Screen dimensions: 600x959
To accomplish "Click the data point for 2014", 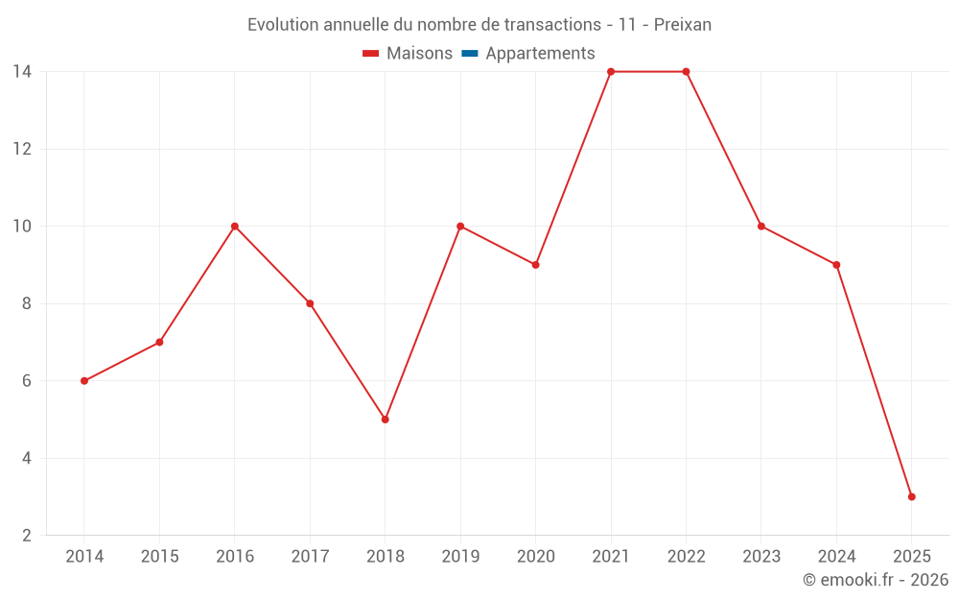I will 84,381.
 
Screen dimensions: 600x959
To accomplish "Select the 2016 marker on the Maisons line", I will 235,227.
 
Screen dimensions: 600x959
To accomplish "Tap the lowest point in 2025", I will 911,497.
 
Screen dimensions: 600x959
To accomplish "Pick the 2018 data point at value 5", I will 386,420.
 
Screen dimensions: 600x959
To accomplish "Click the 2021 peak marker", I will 611,72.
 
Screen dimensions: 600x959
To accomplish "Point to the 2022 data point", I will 686,72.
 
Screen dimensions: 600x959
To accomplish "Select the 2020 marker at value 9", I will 535,265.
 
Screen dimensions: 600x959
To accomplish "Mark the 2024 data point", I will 836,265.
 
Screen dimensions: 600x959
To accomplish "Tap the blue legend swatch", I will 469,54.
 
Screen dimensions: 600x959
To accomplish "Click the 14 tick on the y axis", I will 22,72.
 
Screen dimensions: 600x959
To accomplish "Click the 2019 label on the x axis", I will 460,557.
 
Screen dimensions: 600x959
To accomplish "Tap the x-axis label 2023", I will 761,557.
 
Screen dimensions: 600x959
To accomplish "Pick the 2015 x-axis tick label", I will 159,557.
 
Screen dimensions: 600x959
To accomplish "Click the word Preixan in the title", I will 683,25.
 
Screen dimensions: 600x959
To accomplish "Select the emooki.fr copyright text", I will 876,580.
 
